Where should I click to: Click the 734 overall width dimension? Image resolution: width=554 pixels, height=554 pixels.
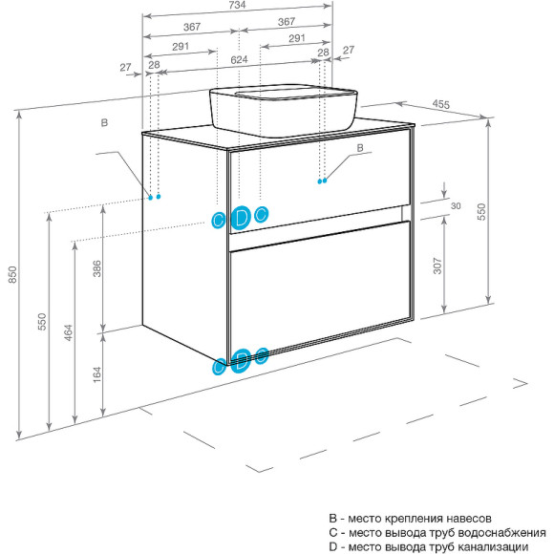[x=237, y=5]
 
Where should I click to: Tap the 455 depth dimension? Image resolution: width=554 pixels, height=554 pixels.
[x=441, y=104]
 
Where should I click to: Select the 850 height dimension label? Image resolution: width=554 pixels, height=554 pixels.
[x=12, y=274]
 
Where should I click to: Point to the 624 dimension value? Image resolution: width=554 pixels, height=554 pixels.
[x=239, y=60]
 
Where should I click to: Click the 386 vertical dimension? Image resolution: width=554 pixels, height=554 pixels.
[x=96, y=268]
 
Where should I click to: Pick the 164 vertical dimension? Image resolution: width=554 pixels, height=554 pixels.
[x=96, y=374]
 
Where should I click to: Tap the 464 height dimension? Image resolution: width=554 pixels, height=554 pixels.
[x=68, y=332]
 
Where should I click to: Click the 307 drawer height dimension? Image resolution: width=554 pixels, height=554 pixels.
[x=437, y=266]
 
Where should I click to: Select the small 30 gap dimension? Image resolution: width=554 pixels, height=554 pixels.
[x=456, y=206]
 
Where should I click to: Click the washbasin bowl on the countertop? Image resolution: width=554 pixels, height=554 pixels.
[x=283, y=110]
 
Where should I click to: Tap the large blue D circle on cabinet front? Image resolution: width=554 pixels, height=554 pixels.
[x=241, y=217]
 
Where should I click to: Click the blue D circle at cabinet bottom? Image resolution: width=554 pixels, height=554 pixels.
[x=241, y=361]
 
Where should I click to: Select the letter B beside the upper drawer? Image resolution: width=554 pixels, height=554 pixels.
[x=360, y=148]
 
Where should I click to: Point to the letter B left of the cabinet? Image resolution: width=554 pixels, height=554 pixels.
[x=104, y=123]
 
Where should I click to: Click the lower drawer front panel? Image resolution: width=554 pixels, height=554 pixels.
[x=320, y=287]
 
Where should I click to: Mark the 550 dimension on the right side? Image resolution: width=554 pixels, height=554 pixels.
[x=481, y=212]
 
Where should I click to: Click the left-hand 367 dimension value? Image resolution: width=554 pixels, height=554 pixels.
[x=192, y=27]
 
